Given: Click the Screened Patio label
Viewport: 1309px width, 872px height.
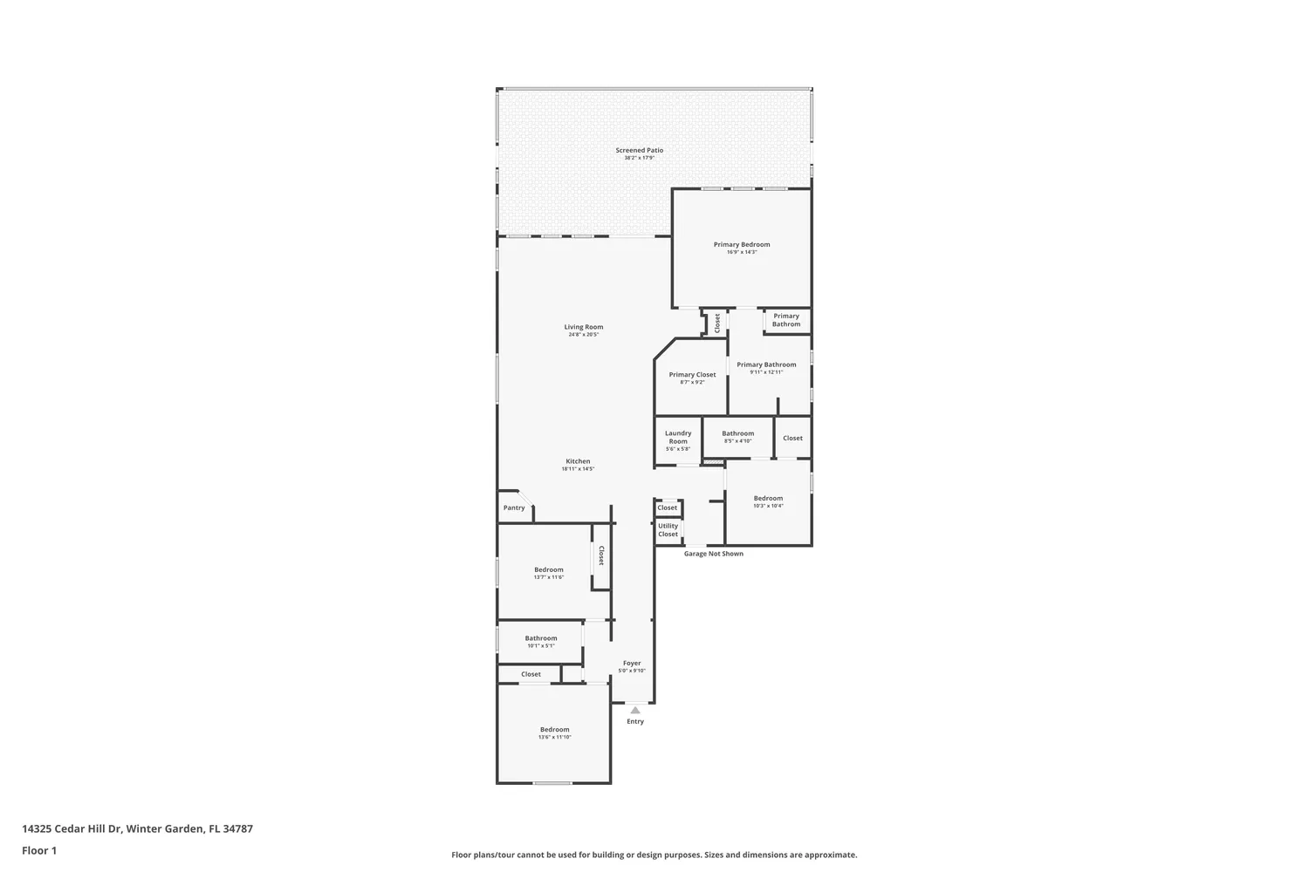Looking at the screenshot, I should tap(639, 153).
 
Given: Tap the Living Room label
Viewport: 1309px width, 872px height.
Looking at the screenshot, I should tap(583, 330).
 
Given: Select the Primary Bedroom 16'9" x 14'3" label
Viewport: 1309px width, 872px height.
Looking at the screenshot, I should tap(742, 248).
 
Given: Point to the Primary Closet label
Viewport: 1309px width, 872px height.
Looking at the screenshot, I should tap(692, 378).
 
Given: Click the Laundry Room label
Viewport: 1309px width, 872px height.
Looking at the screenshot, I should tap(678, 440).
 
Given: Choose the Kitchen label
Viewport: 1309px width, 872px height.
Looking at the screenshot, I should tap(578, 465).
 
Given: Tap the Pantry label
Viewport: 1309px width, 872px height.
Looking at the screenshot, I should tap(514, 508).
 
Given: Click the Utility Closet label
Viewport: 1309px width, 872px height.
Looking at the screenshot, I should tap(668, 530).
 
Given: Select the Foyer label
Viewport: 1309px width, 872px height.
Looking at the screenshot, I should tap(632, 666).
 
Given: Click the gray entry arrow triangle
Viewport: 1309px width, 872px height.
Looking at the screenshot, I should tap(635, 710).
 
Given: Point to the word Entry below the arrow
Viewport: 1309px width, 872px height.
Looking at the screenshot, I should tap(635, 721).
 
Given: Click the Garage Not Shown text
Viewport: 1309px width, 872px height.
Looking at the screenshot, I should tap(713, 554).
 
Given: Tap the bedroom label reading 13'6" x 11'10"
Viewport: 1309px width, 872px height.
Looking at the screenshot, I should tap(554, 732).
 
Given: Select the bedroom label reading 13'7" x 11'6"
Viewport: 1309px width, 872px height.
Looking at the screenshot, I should tap(549, 573).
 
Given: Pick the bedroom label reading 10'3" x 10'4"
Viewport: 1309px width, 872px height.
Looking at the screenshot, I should tap(768, 501).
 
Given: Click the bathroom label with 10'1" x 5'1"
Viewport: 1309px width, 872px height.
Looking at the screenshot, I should tap(541, 642).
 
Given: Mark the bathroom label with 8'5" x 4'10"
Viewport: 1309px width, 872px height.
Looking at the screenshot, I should tap(737, 437).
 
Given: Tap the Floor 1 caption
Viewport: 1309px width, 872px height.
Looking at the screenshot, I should tap(39, 850).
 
